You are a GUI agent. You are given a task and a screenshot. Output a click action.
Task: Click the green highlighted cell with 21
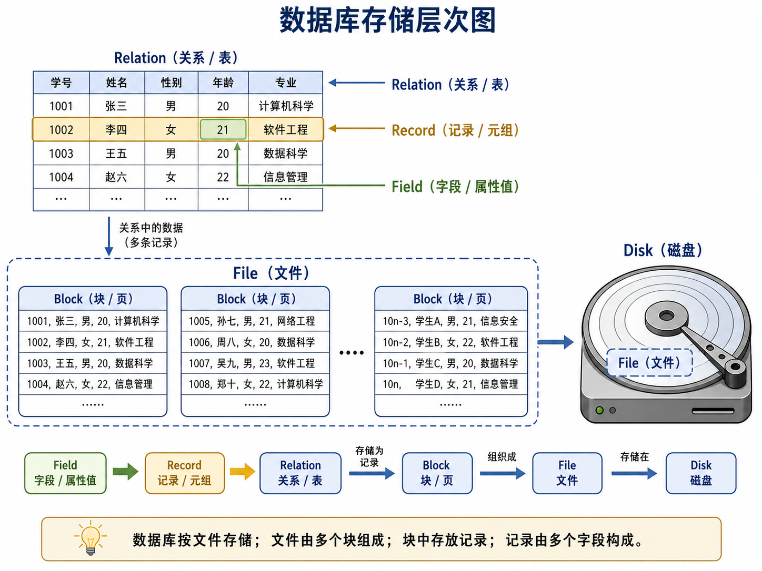[223, 129]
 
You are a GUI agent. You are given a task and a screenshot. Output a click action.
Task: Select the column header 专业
[285, 83]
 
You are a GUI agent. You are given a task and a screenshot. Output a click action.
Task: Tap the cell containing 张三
[117, 106]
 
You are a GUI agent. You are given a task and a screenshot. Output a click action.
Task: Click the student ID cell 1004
[61, 177]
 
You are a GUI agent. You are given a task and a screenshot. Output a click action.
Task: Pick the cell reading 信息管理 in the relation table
[285, 177]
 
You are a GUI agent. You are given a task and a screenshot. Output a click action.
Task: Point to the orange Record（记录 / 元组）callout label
[455, 130]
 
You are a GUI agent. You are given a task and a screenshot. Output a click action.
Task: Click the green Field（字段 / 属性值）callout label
[455, 187]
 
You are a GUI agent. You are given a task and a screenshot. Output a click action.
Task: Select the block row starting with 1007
[255, 363]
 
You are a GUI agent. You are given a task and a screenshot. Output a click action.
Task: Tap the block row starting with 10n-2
[451, 342]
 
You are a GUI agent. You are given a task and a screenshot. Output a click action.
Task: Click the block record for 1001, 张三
[93, 321]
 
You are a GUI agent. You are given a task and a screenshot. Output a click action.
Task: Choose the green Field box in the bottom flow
[65, 473]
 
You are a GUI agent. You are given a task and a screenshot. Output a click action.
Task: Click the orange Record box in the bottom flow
[185, 473]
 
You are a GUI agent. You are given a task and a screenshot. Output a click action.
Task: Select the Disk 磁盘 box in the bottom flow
[701, 473]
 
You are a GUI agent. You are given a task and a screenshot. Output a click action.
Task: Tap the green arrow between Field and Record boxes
[126, 472]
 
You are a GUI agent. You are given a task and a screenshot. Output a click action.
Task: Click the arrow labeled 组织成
[503, 473]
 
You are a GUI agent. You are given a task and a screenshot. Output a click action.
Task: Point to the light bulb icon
[91, 538]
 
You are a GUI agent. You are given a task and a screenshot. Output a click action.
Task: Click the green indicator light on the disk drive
[599, 411]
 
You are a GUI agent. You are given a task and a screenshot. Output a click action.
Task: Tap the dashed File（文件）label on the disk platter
[649, 363]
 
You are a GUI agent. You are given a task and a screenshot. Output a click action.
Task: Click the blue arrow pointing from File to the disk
[555, 342]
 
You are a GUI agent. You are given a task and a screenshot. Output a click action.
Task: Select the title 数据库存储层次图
[388, 20]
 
